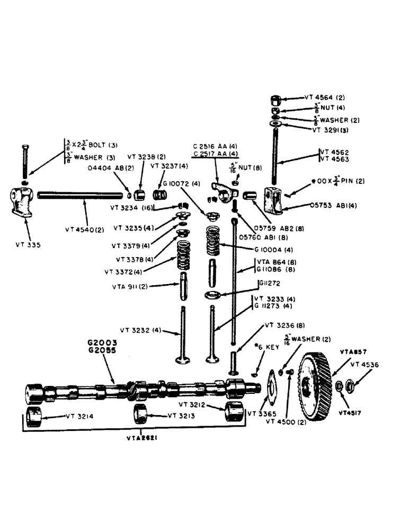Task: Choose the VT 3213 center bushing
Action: [141, 414]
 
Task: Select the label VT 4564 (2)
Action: [325, 98]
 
